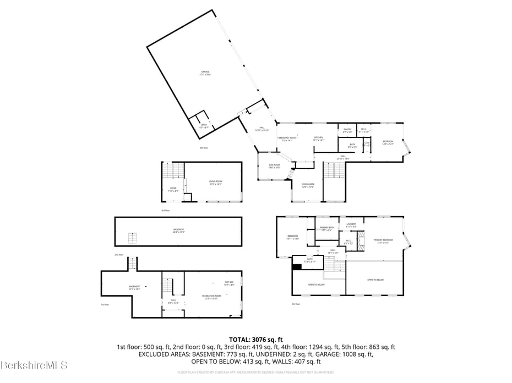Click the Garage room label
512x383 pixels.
205,73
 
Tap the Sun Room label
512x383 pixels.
274,166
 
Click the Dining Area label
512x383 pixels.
308,186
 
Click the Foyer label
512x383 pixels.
173,190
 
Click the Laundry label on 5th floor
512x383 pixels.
351,225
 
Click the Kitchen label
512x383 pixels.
318,139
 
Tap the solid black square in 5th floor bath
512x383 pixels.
297,267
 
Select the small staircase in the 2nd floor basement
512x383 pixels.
132,238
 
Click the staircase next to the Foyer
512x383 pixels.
174,171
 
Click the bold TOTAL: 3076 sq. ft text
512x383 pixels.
255,339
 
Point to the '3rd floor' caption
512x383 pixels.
165,210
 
